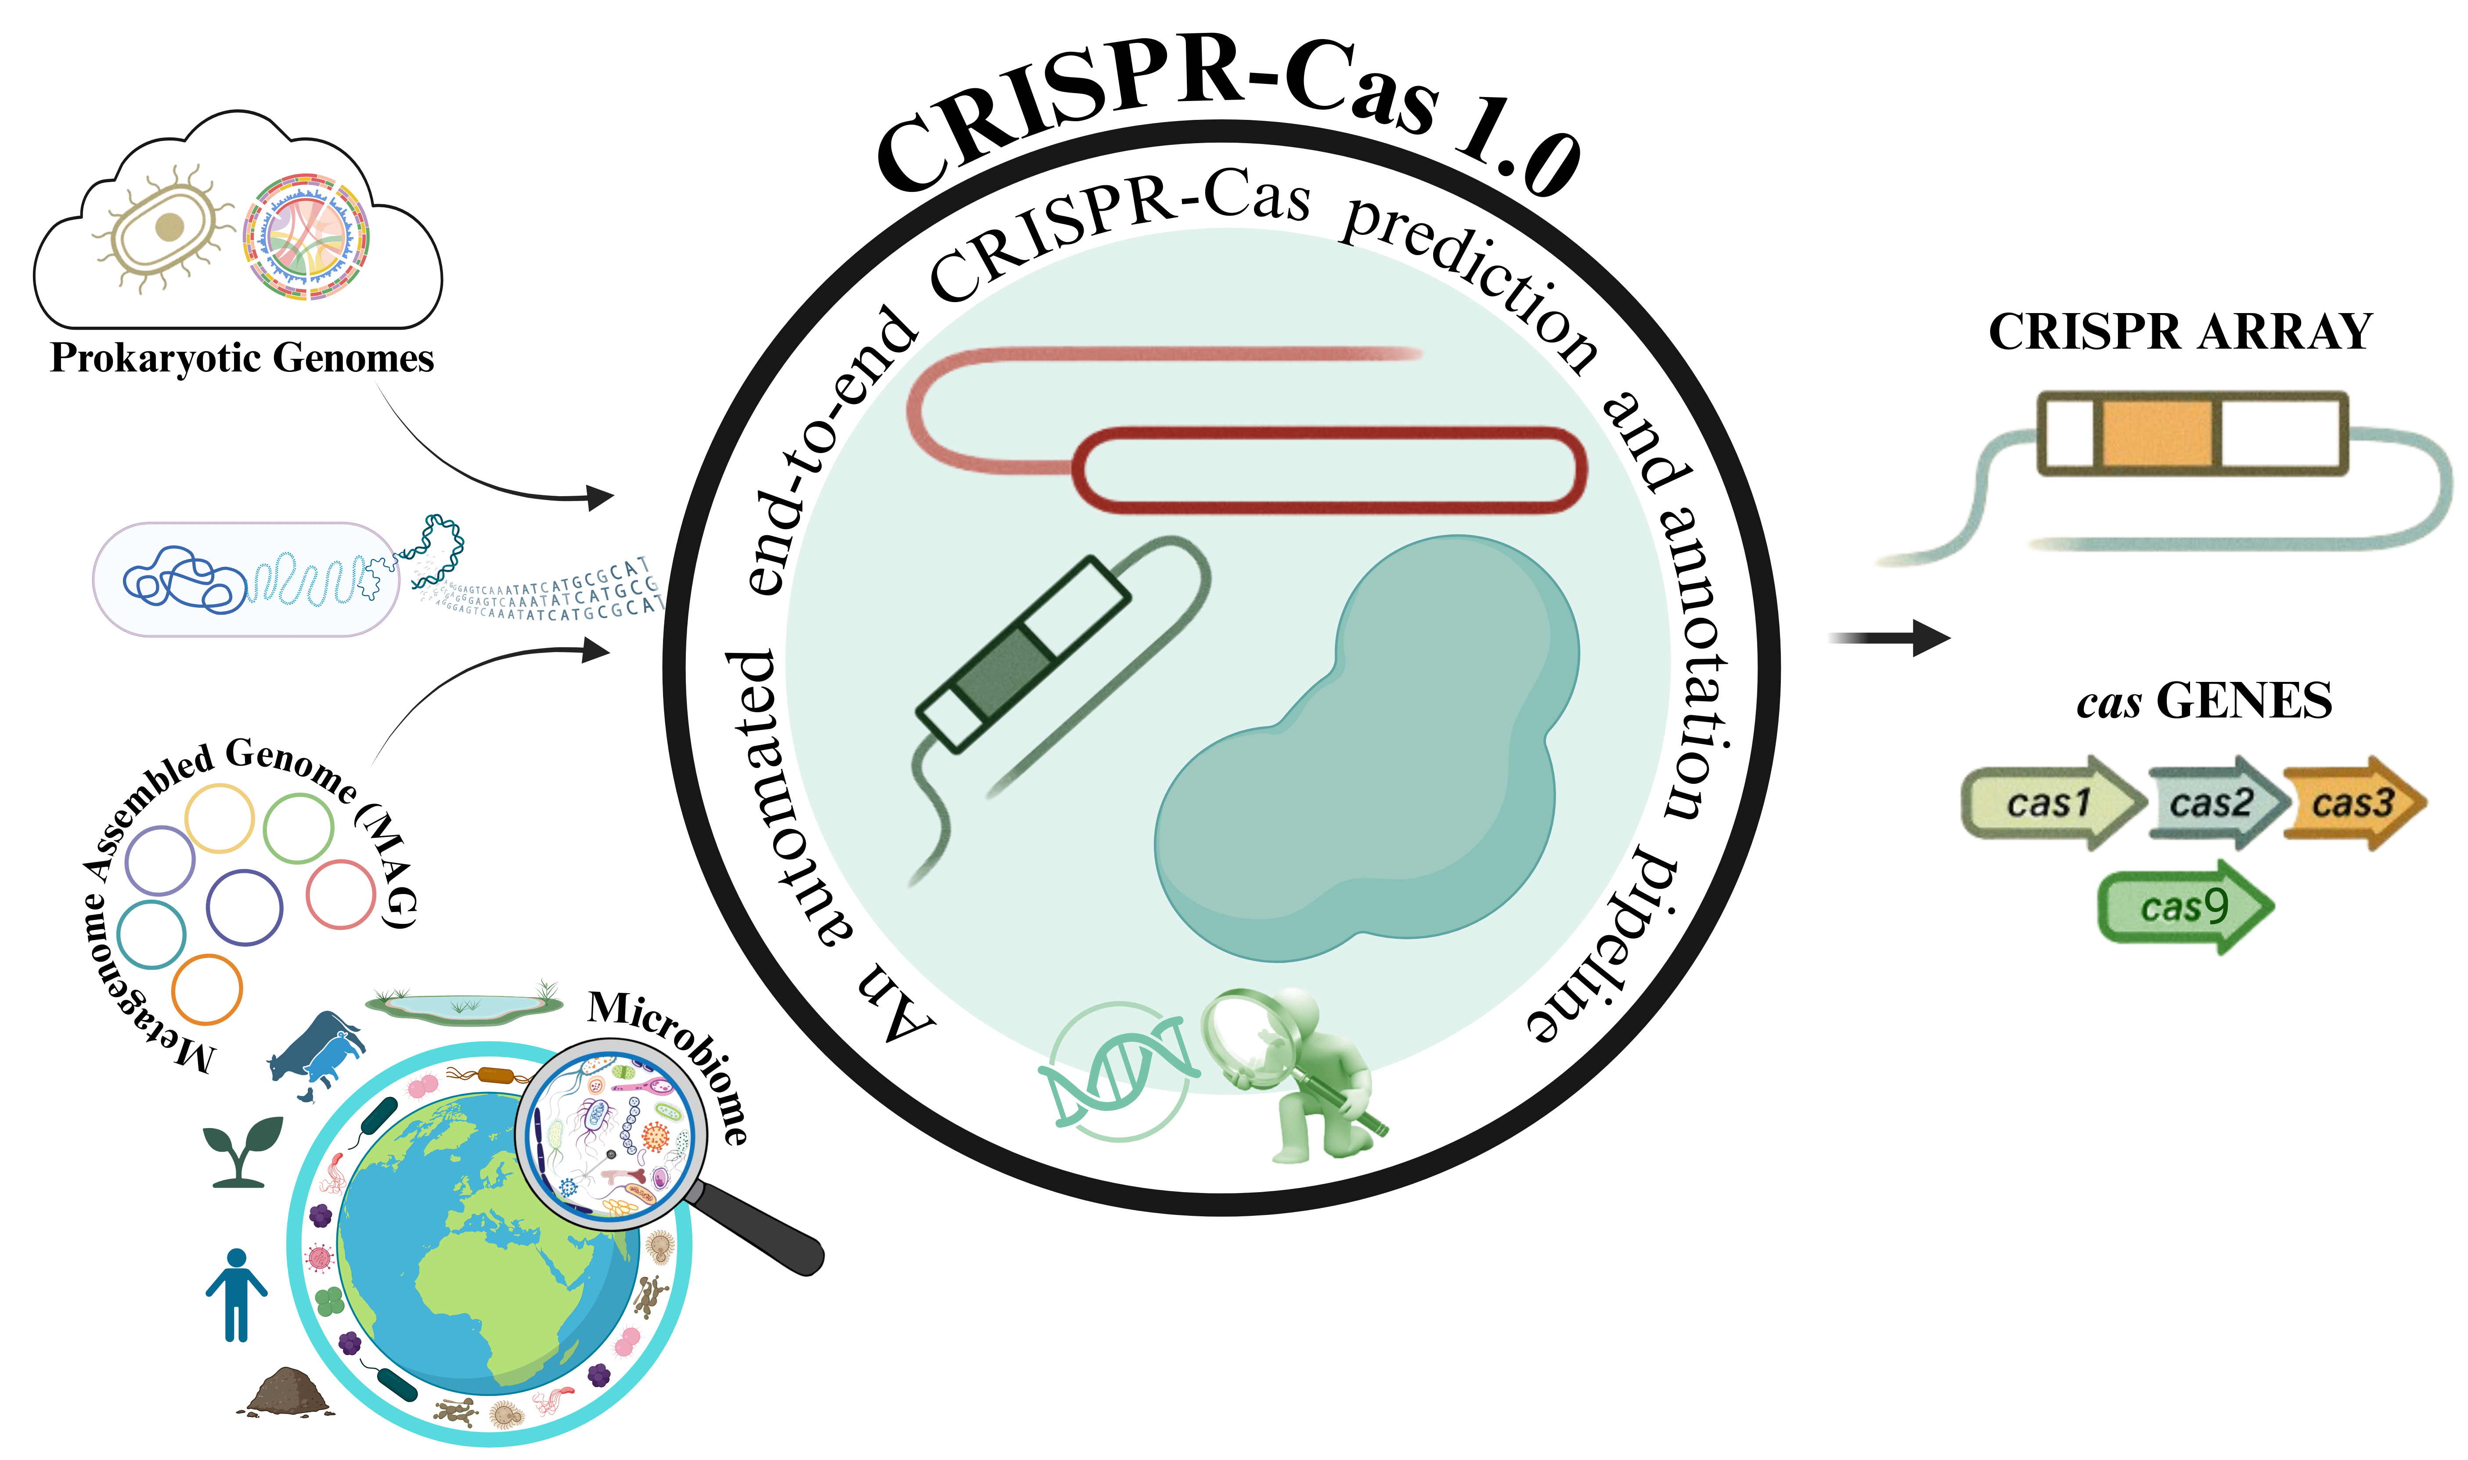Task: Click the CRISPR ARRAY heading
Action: coord(2180,332)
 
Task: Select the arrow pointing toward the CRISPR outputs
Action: coord(1888,638)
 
